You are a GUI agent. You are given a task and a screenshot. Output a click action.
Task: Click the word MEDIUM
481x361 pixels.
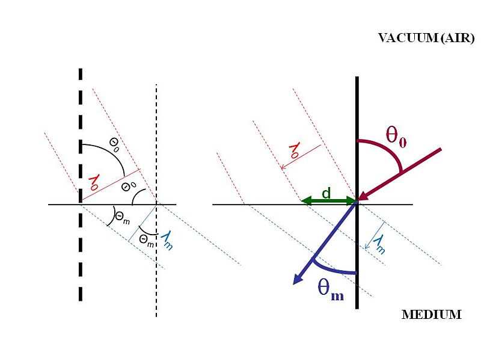point(431,315)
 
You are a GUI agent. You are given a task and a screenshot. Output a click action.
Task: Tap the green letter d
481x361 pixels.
point(325,193)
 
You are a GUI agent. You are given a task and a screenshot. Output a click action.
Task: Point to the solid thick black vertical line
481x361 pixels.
point(357,120)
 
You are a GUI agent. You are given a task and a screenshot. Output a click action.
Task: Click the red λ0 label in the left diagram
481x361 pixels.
point(94,182)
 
